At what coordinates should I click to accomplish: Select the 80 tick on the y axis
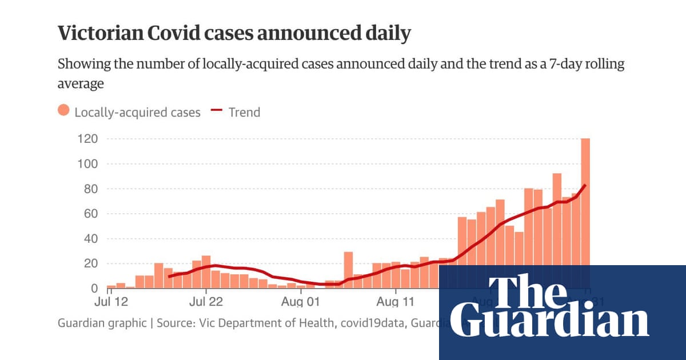[x=90, y=189]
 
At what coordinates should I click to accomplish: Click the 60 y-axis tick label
[x=90, y=214]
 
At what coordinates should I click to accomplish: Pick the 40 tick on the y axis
[x=90, y=239]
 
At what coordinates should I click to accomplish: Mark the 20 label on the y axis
[x=90, y=264]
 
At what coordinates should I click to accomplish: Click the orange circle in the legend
[x=63, y=111]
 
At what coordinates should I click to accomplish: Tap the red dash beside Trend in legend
[x=217, y=111]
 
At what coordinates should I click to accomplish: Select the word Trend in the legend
[x=244, y=112]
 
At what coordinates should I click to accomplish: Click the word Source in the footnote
[x=176, y=323]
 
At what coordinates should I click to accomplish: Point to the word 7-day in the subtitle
[x=548, y=64]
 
